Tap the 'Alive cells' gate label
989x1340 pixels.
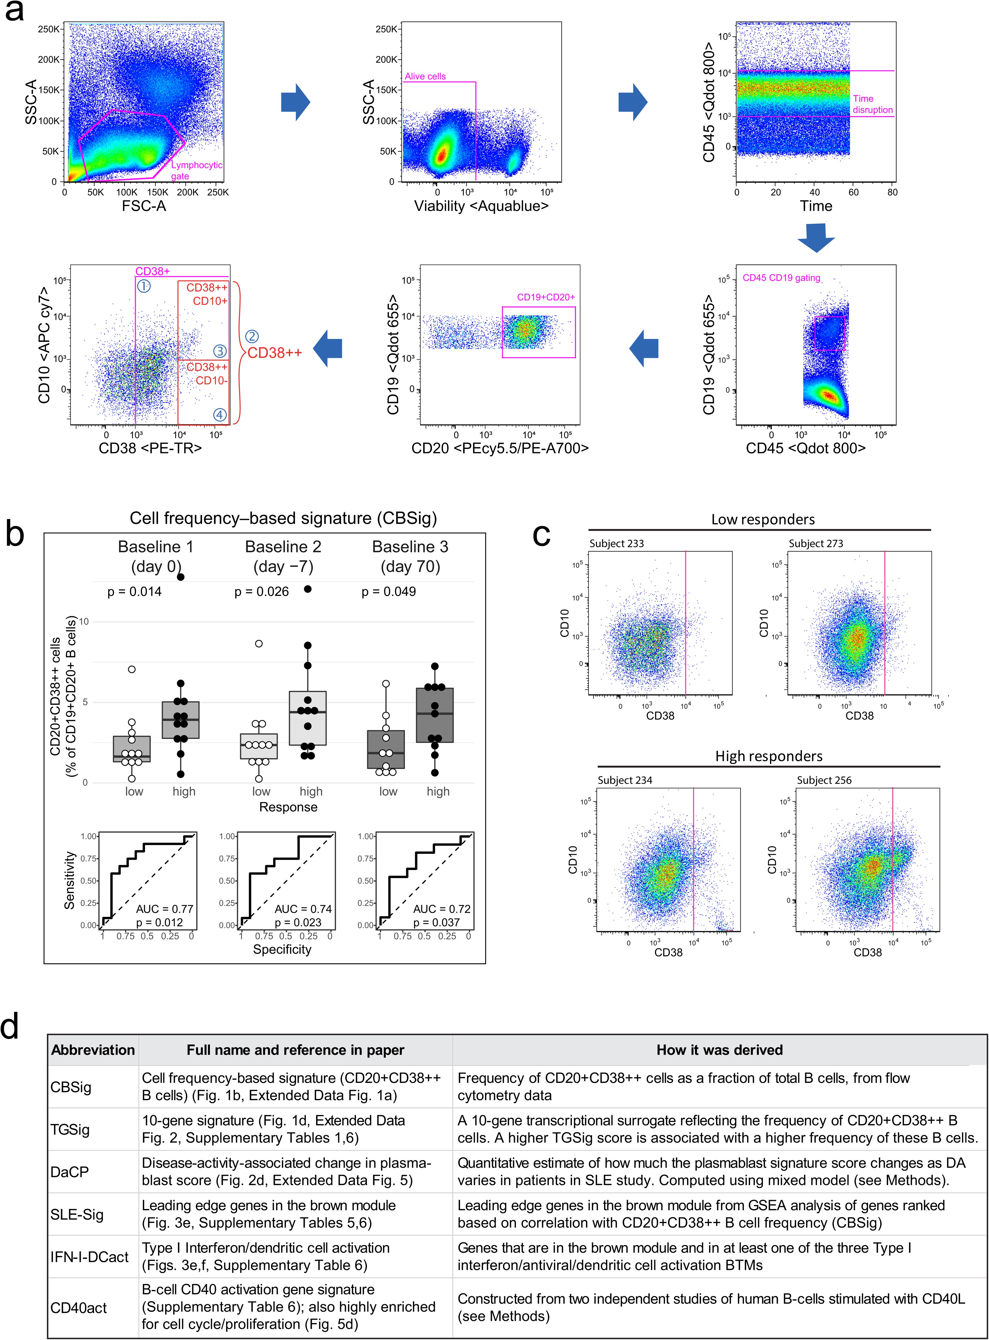(x=425, y=77)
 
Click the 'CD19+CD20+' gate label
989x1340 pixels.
(x=545, y=297)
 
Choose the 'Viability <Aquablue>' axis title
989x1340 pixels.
(x=481, y=206)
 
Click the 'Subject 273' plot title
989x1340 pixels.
(x=815, y=543)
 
